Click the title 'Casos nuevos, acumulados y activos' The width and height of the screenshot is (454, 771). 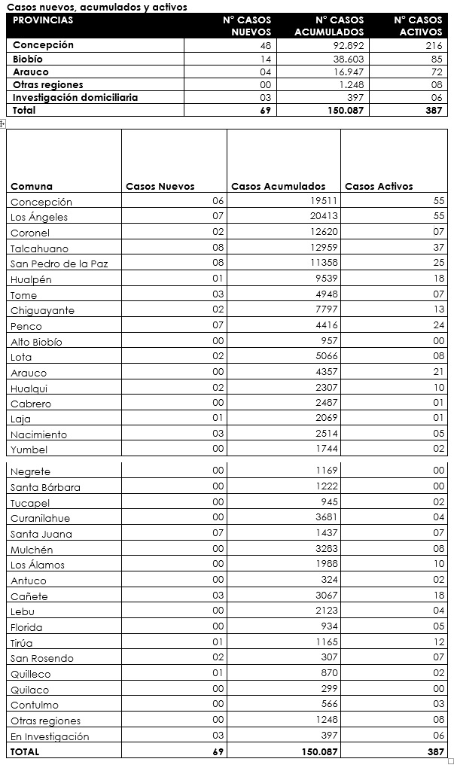coord(97,7)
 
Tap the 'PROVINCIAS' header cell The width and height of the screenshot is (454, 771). coord(43,20)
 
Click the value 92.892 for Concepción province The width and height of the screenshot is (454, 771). coord(346,45)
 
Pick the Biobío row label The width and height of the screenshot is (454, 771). coord(28,59)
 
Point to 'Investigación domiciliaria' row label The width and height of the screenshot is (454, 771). coord(75,97)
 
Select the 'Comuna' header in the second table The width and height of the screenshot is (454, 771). coord(32,186)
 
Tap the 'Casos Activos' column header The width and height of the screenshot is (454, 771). coord(379,186)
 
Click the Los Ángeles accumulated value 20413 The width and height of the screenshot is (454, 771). coord(325,216)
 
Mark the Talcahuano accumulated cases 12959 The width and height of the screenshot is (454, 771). coord(325,248)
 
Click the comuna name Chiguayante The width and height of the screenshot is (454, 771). coord(42,310)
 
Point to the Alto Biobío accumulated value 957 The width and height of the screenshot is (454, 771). coord(328,341)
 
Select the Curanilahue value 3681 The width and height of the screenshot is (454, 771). coord(327,517)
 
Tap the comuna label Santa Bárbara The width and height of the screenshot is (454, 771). coord(45,487)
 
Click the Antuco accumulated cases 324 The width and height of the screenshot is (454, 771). coord(330,580)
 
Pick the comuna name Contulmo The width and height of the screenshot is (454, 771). coord(35,705)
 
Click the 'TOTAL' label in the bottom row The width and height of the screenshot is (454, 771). coord(25,751)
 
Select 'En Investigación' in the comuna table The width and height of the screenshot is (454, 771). coord(50,736)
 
